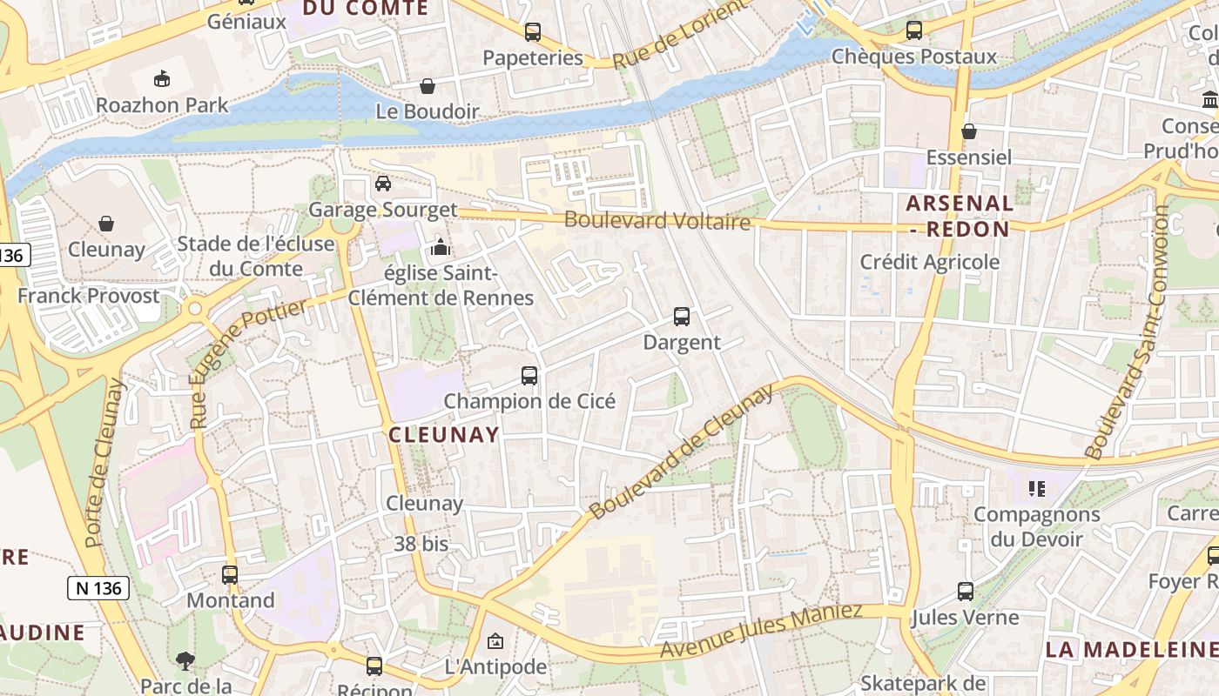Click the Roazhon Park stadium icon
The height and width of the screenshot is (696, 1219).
point(161,79)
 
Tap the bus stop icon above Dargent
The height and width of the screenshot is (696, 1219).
point(682,317)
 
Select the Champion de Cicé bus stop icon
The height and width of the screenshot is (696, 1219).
point(529,376)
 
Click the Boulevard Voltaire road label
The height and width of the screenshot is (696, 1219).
point(657,220)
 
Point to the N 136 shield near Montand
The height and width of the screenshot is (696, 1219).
point(98,588)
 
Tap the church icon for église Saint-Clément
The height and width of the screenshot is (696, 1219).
point(441,248)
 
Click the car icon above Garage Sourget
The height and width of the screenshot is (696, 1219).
point(383,184)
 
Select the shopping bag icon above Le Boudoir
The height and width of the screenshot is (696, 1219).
point(428,86)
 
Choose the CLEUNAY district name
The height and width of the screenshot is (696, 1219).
point(444,435)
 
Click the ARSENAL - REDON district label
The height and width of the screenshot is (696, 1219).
point(959,217)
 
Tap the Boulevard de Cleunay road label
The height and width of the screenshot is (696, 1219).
point(681,452)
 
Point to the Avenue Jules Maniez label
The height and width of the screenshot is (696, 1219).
point(761,630)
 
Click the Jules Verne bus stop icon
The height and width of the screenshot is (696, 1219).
point(966,592)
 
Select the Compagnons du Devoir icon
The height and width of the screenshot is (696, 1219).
point(1036,488)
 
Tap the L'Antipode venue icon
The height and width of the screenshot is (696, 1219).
point(495,642)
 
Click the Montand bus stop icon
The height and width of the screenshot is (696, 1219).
point(230,575)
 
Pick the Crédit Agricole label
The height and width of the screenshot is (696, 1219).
point(930,262)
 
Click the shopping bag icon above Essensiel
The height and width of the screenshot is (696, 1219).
point(969,131)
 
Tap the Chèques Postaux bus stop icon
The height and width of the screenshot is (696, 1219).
point(913,30)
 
